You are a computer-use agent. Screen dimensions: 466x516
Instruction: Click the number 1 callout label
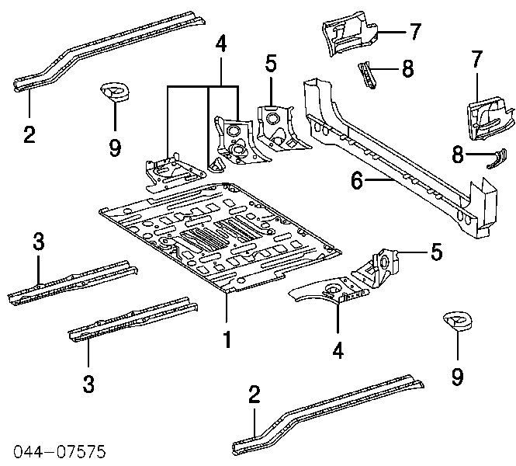[x=227, y=339]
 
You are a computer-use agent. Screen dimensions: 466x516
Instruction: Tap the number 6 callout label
[x=356, y=181]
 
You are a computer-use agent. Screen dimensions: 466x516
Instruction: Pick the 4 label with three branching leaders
[x=222, y=45]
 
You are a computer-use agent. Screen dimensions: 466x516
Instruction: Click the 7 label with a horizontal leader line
[x=415, y=31]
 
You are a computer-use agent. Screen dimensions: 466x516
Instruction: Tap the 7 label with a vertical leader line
[x=476, y=59]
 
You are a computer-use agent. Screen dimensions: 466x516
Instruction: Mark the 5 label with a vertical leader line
[x=270, y=63]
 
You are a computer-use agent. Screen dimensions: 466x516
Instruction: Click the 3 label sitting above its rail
[x=38, y=242]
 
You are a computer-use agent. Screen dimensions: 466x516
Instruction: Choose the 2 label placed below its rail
[x=29, y=134]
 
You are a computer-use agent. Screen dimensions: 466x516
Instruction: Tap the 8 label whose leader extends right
[x=458, y=155]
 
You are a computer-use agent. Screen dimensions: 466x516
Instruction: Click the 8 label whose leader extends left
[x=407, y=69]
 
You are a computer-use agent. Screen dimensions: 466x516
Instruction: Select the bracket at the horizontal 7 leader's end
[x=347, y=32]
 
